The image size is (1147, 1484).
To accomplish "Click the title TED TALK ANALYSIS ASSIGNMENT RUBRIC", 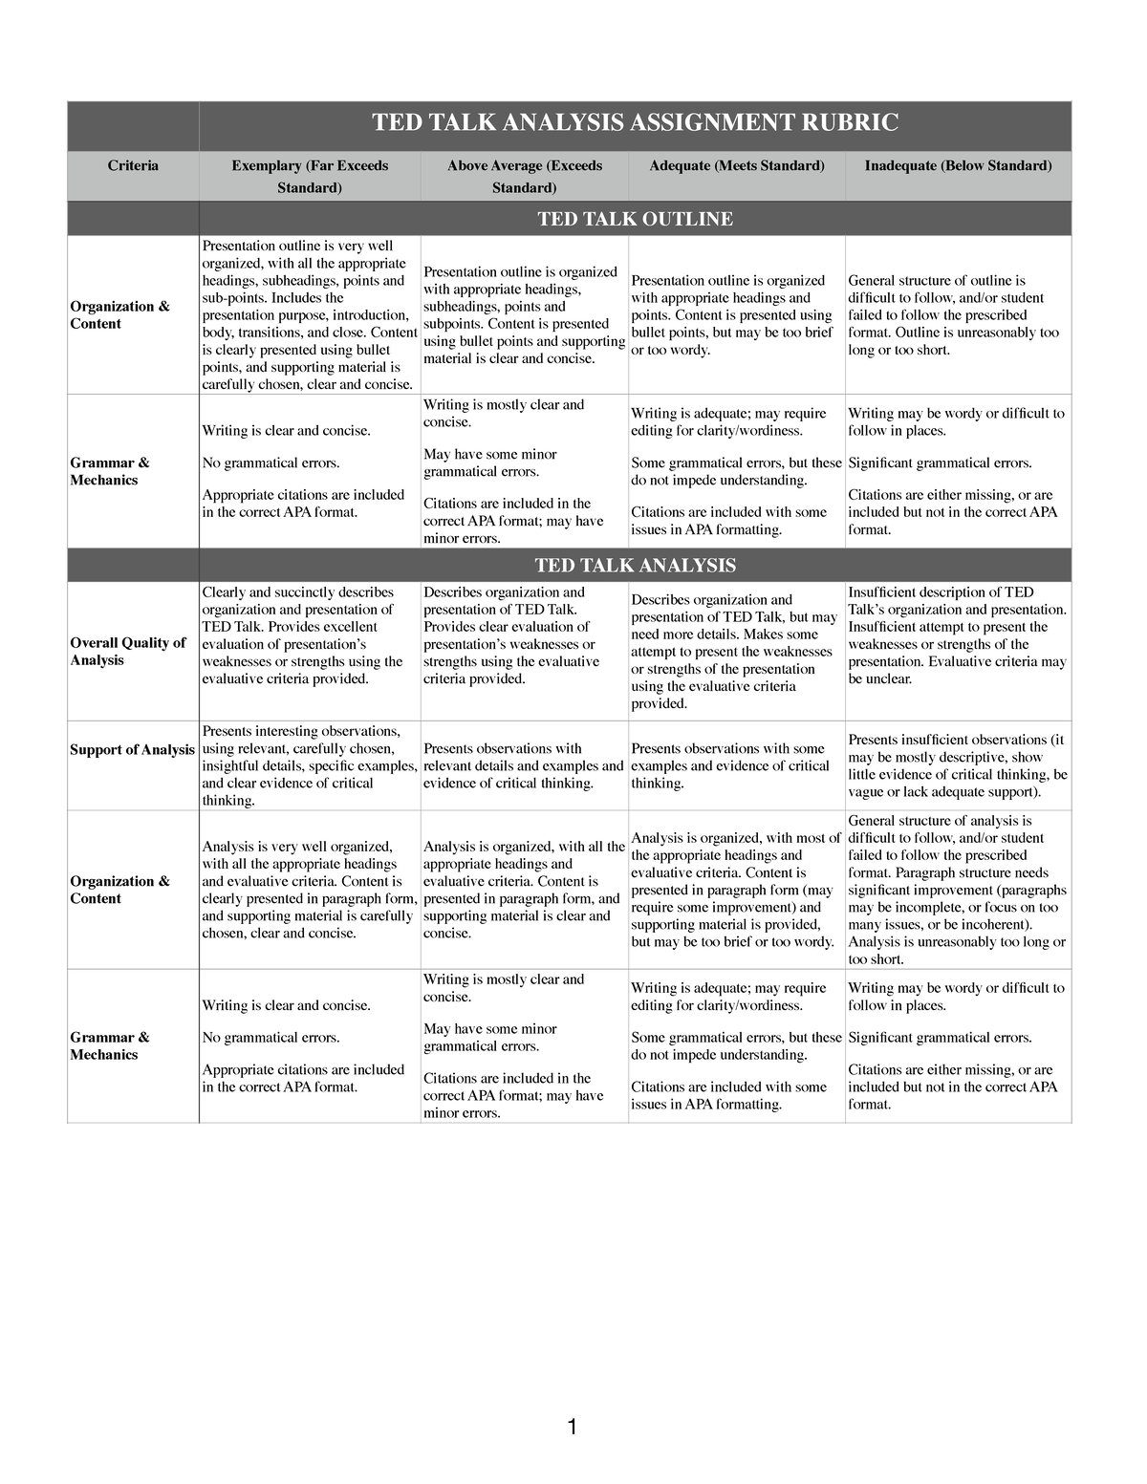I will (x=635, y=123).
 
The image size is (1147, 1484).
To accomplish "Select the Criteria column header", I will (x=133, y=166).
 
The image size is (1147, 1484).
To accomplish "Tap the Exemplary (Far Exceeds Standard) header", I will (x=310, y=176).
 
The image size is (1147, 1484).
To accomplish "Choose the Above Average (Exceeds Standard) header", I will (x=524, y=176).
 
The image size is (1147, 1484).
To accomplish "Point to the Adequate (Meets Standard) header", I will (x=736, y=166).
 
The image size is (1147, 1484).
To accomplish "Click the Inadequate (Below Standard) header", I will (x=958, y=166).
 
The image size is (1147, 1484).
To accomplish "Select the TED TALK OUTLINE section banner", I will (x=635, y=219).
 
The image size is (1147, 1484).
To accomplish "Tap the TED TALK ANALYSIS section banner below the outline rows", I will (x=635, y=566).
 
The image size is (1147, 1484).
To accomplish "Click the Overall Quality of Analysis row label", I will (x=127, y=651).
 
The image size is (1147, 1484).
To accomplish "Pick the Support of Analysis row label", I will (x=132, y=750).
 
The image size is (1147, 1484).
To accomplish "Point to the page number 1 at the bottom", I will (x=572, y=1429).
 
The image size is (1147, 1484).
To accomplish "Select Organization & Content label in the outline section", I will (x=119, y=315).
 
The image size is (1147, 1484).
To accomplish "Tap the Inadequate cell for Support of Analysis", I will (x=958, y=765).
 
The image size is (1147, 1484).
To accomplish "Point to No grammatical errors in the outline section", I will (x=271, y=463).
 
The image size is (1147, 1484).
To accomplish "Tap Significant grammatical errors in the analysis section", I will (x=940, y=1038).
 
